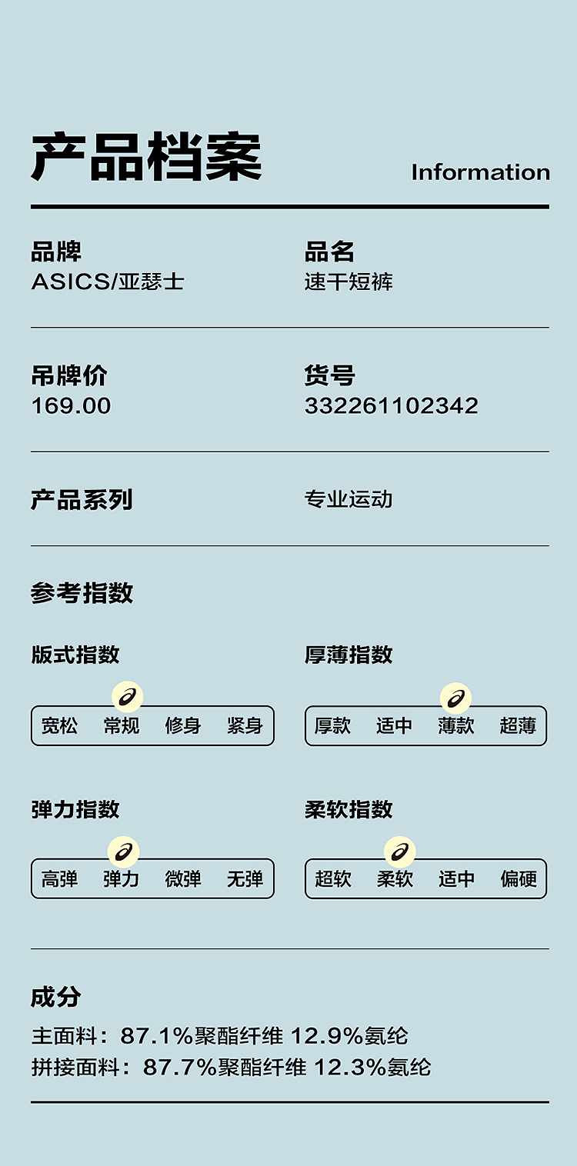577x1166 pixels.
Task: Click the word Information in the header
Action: point(480,172)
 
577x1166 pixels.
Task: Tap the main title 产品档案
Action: point(146,158)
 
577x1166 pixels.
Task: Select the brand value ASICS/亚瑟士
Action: point(108,282)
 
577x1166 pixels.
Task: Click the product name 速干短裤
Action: point(349,282)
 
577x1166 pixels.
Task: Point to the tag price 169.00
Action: point(71,405)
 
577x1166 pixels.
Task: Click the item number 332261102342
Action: point(391,405)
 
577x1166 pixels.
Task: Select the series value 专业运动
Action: point(349,499)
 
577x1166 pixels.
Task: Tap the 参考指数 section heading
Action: point(82,593)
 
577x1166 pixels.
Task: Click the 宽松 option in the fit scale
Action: point(59,725)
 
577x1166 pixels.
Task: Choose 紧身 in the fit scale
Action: point(245,725)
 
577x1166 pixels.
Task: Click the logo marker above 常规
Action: point(128,698)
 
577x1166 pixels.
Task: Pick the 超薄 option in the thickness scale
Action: point(518,725)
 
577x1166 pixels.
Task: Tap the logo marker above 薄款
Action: point(456,698)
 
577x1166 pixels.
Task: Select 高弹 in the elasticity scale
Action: point(59,878)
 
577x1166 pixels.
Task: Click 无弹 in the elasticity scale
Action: point(245,878)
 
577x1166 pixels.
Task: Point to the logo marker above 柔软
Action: point(400,851)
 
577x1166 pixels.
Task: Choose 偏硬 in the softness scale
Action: point(518,878)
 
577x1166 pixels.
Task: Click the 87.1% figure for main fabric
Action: point(156,1036)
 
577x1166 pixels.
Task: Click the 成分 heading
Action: point(55,998)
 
